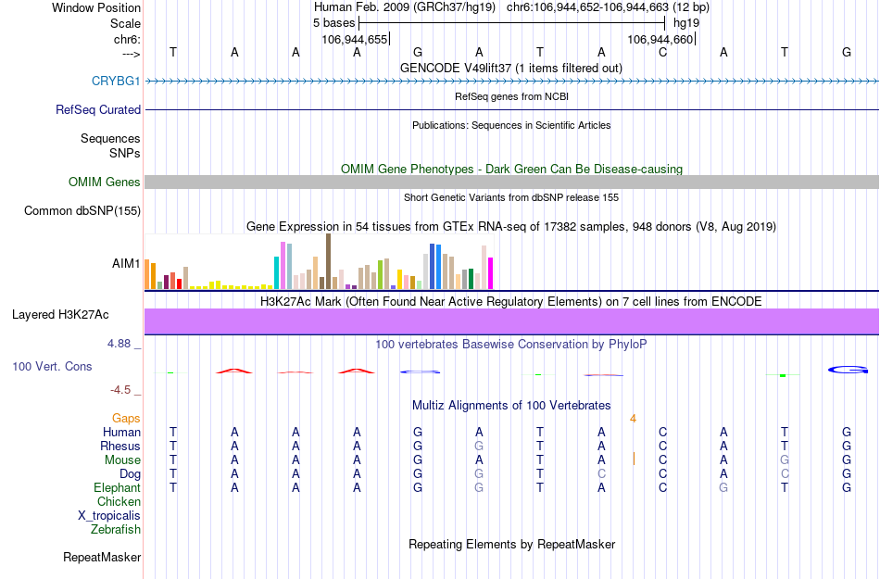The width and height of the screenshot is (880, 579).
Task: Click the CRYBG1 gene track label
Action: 116,82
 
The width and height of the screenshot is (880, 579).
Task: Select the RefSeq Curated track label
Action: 98,109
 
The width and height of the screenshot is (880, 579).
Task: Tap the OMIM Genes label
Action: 105,183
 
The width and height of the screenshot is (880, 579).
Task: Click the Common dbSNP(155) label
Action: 82,211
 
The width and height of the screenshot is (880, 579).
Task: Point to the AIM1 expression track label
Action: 126,264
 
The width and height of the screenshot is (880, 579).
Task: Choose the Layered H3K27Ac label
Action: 76,315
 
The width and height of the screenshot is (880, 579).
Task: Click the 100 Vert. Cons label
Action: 53,367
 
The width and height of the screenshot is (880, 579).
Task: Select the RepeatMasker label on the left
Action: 102,558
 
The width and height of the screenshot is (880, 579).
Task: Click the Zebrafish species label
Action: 116,530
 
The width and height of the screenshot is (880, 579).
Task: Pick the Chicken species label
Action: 119,502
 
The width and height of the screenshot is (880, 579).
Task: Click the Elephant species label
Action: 118,488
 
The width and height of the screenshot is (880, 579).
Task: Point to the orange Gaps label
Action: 126,419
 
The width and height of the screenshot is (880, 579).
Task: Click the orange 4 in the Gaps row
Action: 634,419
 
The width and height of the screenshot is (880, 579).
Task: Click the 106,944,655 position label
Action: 355,40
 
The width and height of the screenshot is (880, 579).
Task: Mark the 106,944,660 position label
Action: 660,40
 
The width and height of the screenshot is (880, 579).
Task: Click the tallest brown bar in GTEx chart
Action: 328,261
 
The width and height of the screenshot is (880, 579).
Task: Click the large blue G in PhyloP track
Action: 848,371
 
